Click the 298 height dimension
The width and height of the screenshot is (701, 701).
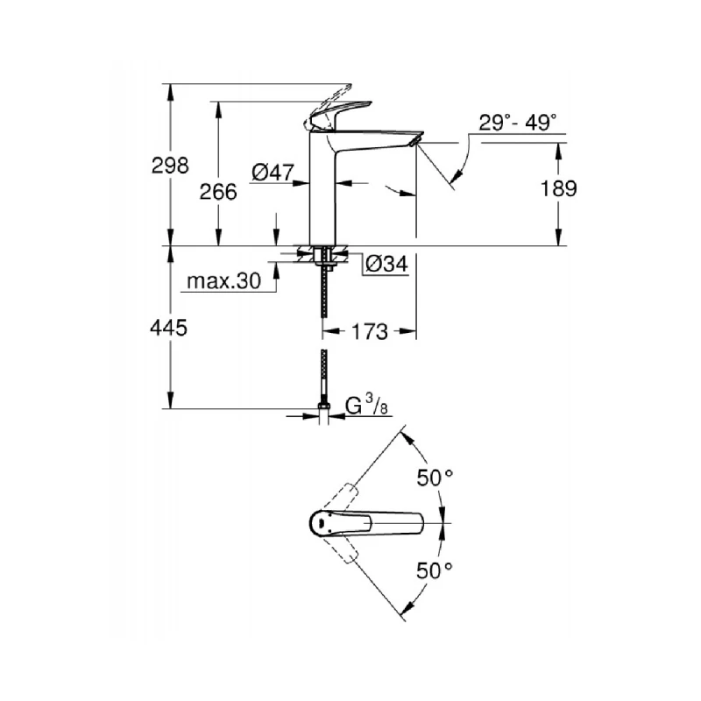170,165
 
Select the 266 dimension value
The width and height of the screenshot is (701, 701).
219,192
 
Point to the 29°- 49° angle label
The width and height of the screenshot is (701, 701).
518,123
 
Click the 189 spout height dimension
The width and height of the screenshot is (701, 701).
558,189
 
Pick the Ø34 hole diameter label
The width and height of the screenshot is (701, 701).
386,263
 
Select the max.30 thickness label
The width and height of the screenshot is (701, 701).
224,282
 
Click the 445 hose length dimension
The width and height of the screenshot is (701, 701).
170,328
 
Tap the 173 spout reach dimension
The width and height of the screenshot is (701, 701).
370,332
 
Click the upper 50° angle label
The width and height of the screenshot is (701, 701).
435,478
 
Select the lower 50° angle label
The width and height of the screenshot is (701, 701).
435,570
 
